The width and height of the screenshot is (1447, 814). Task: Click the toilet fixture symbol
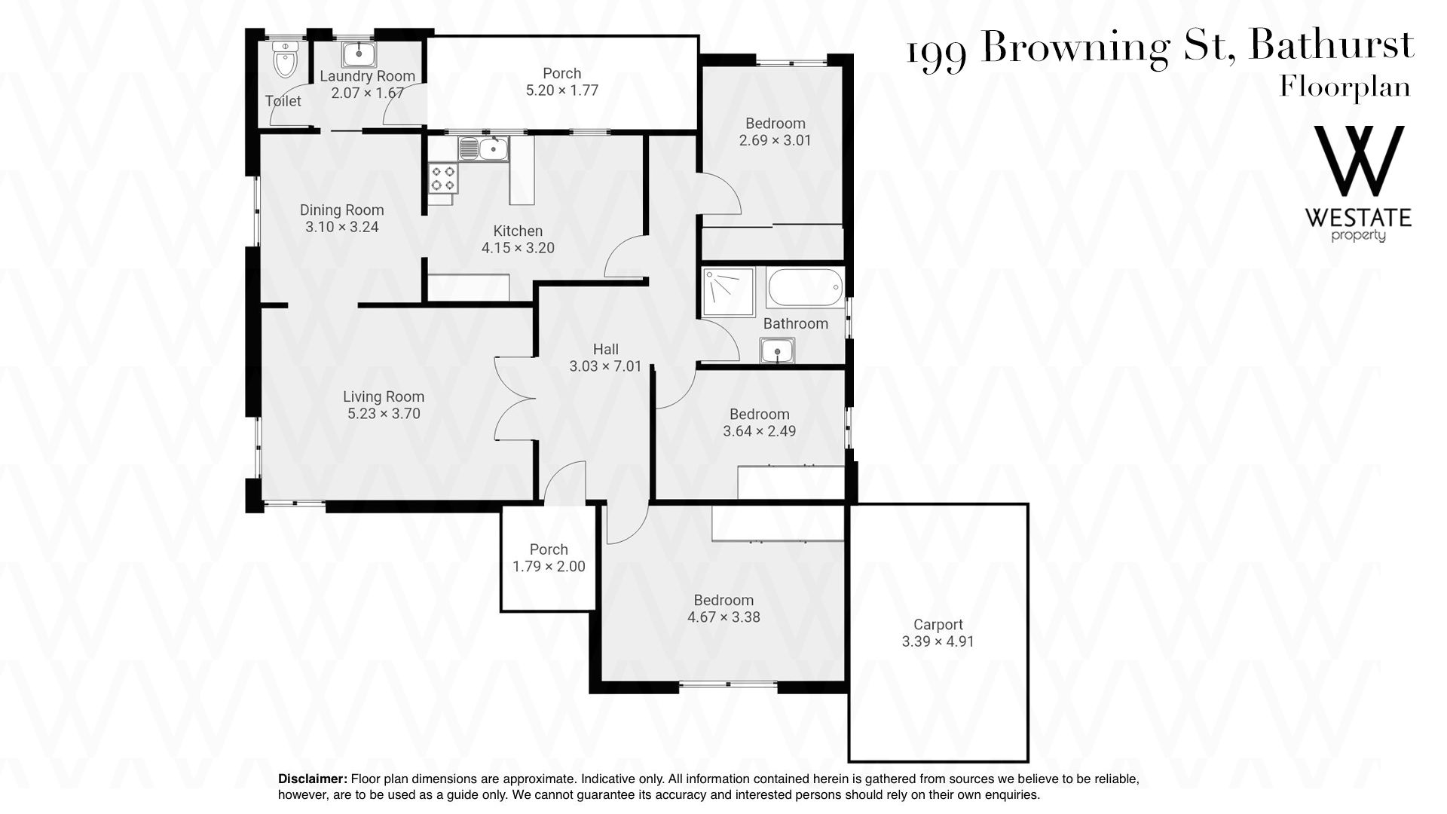[286, 60]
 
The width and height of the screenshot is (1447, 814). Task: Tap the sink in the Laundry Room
[361, 54]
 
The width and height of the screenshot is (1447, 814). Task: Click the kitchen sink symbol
[484, 148]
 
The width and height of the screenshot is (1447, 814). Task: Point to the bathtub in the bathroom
[804, 288]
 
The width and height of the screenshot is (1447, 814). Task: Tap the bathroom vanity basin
[777, 350]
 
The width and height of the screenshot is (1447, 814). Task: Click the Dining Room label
[342, 210]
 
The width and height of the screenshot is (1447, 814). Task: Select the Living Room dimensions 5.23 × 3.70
[383, 413]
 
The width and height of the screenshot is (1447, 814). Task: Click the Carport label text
[938, 625]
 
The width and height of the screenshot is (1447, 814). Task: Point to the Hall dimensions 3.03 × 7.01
[606, 366]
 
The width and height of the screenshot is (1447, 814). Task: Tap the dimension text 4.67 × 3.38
[723, 617]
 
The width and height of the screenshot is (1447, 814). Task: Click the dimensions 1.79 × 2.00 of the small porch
[549, 566]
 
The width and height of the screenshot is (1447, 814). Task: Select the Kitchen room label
[518, 231]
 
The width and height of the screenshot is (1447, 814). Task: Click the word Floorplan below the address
[1345, 87]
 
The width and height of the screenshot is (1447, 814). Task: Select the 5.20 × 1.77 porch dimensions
[562, 90]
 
